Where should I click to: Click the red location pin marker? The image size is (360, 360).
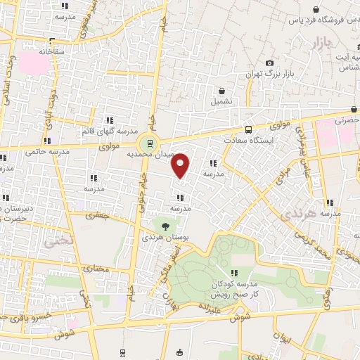pos(181,166)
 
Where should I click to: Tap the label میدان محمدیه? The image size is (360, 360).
pos(172,151)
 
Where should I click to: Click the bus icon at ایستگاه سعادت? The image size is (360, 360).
pos(247,129)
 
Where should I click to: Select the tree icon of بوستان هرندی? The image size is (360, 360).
pos(165,226)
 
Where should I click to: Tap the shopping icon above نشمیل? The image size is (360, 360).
pos(222,91)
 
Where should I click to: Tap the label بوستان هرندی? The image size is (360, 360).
pos(165,238)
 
